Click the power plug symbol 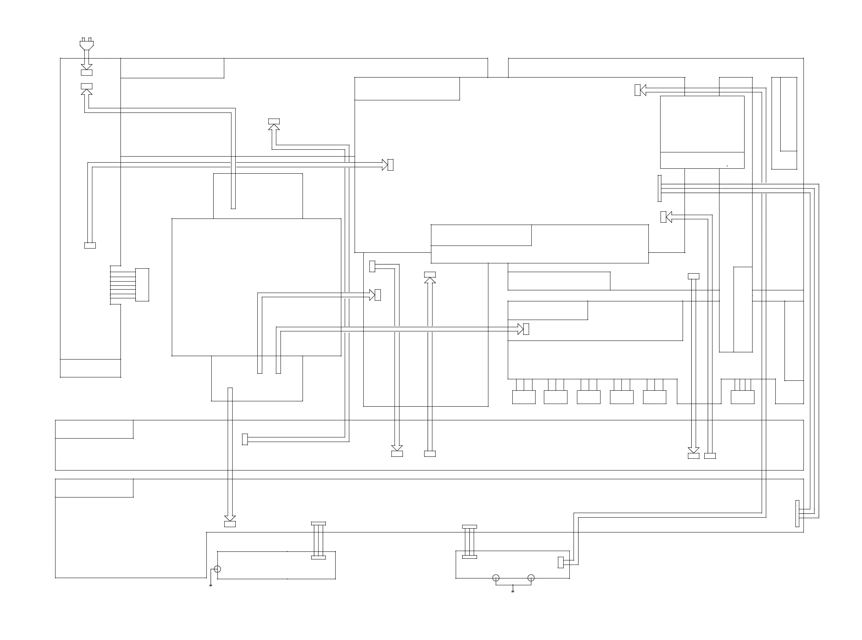(x=86, y=44)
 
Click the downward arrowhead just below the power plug (x=86, y=66)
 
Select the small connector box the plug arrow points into (x=86, y=73)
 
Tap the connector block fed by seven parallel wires (x=142, y=285)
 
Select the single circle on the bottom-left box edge (x=217, y=569)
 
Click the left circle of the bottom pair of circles (x=496, y=578)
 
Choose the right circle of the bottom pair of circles (x=531, y=578)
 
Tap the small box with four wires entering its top (x=742, y=397)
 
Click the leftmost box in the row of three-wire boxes (x=524, y=397)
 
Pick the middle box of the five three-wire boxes (x=588, y=397)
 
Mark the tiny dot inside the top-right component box (x=727, y=166)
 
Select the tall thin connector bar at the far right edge (x=797, y=513)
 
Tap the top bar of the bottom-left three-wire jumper (x=318, y=523)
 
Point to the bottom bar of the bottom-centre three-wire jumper (x=469, y=557)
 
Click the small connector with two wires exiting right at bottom (x=561, y=562)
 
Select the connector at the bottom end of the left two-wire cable (x=90, y=246)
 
